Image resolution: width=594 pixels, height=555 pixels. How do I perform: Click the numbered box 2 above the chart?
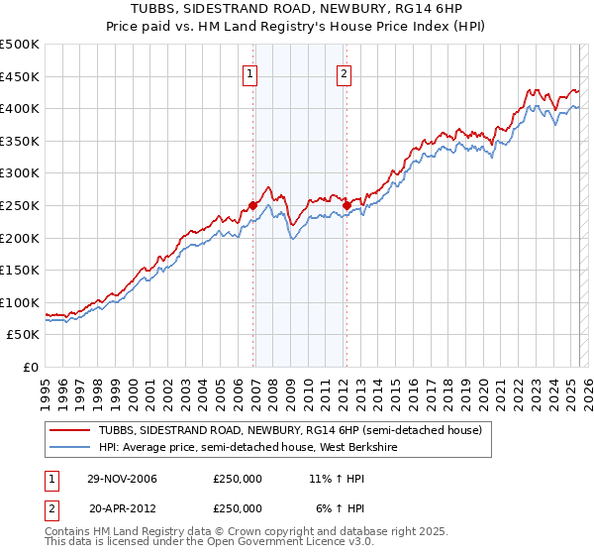pos(344,72)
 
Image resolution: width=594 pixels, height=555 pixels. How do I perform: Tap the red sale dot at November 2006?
pos(253,205)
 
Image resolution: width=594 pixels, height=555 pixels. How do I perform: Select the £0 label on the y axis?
pos(30,367)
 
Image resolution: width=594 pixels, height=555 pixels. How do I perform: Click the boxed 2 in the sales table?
pos(51,507)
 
